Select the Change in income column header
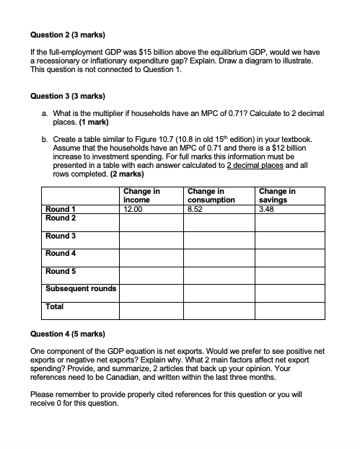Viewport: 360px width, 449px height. tap(141, 195)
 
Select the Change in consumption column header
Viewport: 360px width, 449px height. tap(211, 195)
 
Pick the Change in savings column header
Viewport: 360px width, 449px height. tap(277, 195)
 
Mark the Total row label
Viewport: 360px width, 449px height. tap(55, 306)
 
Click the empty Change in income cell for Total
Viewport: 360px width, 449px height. tap(151, 310)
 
